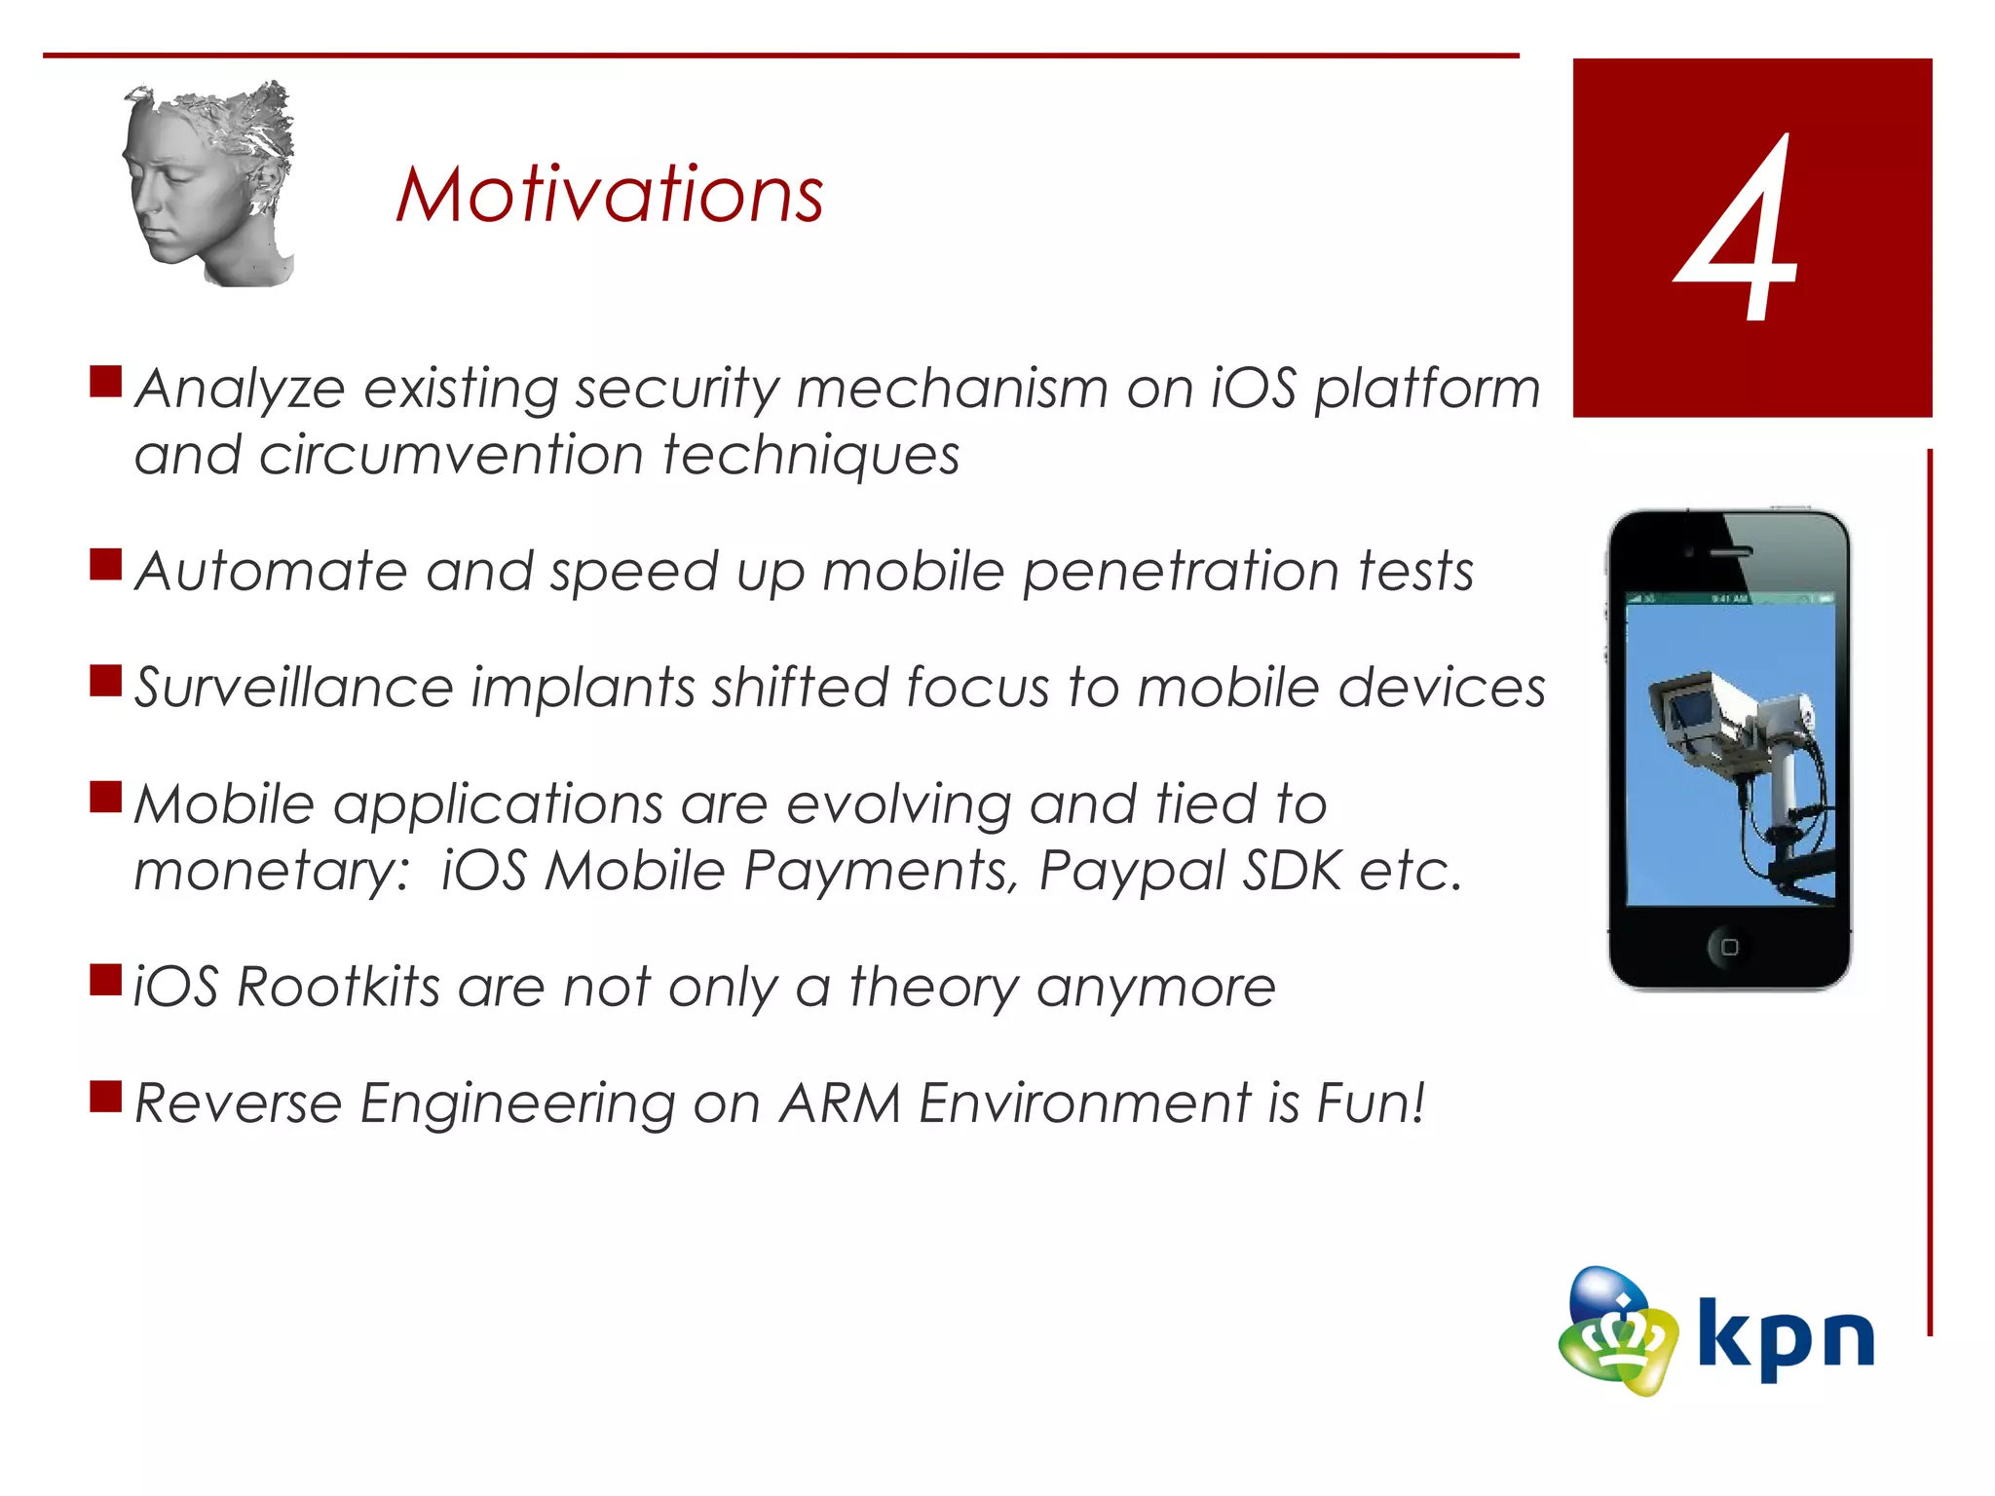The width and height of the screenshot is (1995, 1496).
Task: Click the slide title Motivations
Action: click(x=610, y=195)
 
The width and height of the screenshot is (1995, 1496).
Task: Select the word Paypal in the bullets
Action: click(x=1130, y=870)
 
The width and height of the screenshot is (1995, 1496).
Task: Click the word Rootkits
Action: click(x=338, y=987)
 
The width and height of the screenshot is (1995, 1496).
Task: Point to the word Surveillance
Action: click(x=293, y=688)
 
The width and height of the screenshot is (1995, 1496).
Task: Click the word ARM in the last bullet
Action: click(x=840, y=1103)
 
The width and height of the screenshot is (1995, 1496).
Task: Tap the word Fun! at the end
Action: click(x=1371, y=1103)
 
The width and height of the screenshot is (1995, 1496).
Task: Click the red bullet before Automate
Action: click(x=105, y=564)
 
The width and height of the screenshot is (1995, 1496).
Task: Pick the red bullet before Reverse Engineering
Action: click(x=105, y=1097)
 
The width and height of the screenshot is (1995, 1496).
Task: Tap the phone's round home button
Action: click(x=1729, y=947)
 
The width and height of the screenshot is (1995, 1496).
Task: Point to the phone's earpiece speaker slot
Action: click(x=1731, y=552)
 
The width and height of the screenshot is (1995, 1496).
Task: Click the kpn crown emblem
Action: click(x=1617, y=1332)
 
